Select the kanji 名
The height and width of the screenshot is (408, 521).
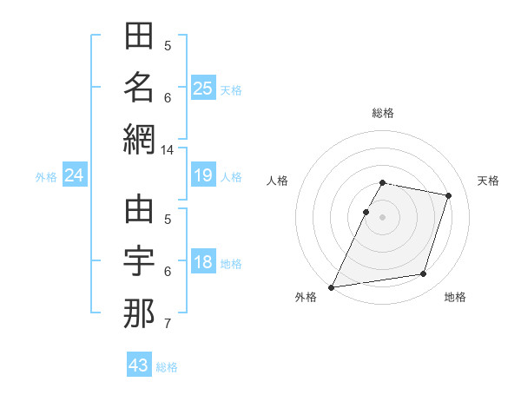click(x=139, y=88)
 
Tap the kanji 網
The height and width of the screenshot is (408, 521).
click(x=139, y=139)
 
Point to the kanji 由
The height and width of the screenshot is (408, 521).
click(x=139, y=211)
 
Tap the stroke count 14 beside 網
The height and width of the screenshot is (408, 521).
click(x=167, y=150)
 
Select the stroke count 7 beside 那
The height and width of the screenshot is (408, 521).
click(x=167, y=325)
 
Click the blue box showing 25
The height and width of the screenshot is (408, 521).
click(x=202, y=88)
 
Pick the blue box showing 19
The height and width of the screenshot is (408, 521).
click(x=202, y=175)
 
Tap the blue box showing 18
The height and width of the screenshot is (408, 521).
click(x=202, y=262)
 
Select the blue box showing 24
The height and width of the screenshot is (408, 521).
click(x=74, y=175)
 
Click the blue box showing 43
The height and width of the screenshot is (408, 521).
click(x=139, y=365)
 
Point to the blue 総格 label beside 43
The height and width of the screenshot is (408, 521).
click(x=167, y=367)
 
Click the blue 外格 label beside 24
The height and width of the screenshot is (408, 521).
click(x=46, y=176)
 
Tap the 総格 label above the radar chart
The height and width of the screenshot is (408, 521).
click(x=382, y=113)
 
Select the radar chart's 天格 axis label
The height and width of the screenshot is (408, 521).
click(x=488, y=181)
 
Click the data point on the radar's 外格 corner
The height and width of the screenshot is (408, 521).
click(x=332, y=286)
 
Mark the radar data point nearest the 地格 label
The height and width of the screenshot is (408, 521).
click(x=424, y=274)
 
